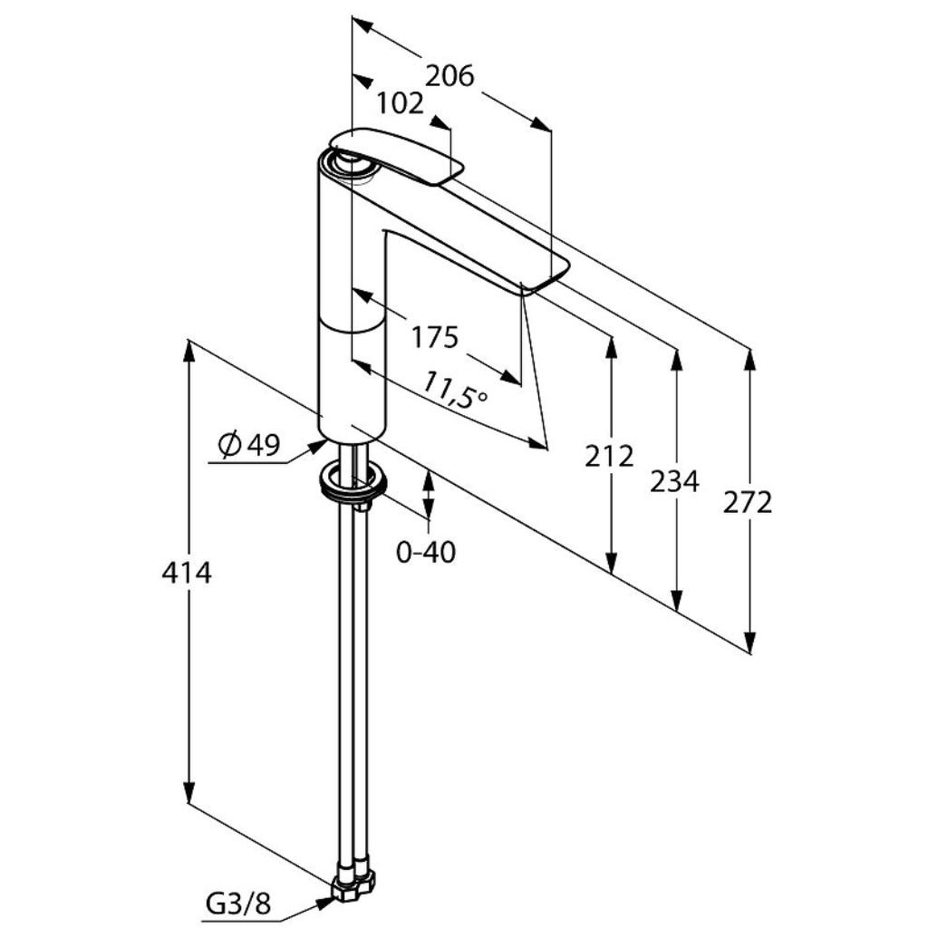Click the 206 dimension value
point(450,76)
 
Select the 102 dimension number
point(401,103)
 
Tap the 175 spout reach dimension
point(435,337)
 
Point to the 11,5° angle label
point(455,391)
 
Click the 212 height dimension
point(609,456)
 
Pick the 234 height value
point(674,481)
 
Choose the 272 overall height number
point(748,503)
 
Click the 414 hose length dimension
point(187,573)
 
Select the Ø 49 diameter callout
point(248,445)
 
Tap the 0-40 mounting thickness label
point(426,552)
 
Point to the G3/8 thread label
point(238,904)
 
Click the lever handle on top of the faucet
point(395,154)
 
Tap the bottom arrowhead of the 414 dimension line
point(188,792)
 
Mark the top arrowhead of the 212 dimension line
point(612,349)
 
